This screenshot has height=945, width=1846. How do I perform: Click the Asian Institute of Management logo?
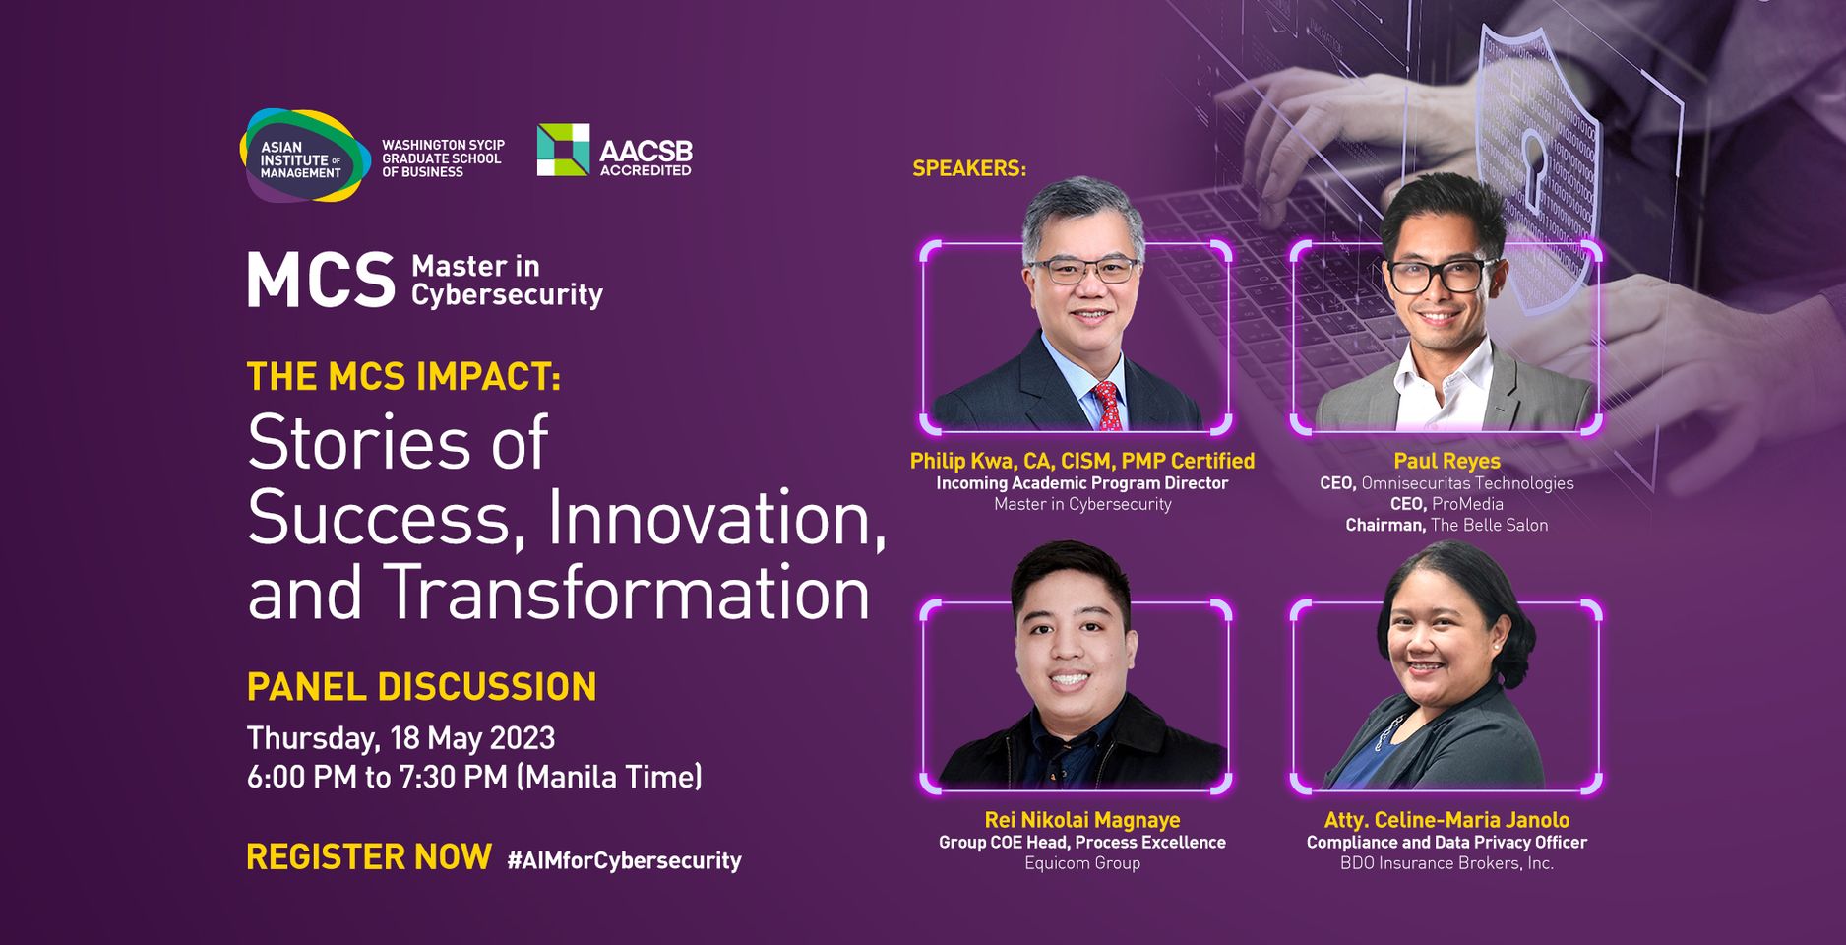tap(305, 156)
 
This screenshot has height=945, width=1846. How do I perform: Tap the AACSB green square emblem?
tap(563, 150)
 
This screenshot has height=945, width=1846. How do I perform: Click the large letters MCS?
tap(321, 281)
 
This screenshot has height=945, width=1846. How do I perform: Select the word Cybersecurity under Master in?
tap(507, 295)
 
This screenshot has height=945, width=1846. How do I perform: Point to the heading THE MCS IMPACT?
tap(403, 377)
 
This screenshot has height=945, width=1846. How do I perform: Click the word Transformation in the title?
tap(627, 594)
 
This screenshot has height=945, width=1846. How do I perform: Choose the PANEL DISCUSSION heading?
tap(421, 687)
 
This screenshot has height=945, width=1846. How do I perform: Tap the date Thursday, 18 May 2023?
tap(400, 738)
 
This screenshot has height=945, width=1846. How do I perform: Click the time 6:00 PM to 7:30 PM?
tap(377, 778)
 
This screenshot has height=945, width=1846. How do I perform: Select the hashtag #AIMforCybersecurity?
tap(624, 861)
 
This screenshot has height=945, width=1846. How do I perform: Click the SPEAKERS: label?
tap(969, 168)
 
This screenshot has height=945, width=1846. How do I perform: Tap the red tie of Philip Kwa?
tap(1107, 406)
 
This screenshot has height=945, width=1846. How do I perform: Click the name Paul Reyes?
tap(1446, 461)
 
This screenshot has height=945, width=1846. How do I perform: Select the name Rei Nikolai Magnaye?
tap(1082, 820)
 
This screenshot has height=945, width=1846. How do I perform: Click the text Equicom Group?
tap(1082, 863)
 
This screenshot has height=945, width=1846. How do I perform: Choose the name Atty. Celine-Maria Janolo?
tap(1446, 820)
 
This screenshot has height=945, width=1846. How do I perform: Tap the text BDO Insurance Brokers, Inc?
tap(1446, 863)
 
